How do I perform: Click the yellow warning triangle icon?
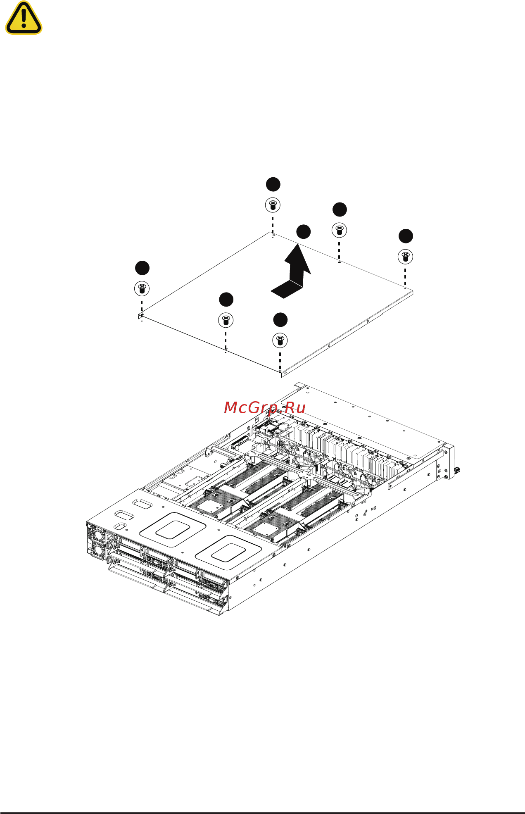tap(24, 19)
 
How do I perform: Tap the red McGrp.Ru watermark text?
tap(264, 408)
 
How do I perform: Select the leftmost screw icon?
tap(142, 288)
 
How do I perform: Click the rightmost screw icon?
tap(405, 256)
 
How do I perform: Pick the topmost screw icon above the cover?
tap(272, 205)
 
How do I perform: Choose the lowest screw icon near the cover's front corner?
tap(280, 340)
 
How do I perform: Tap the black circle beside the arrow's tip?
tap(303, 232)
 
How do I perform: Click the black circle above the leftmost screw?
tap(142, 268)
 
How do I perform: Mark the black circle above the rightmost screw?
tap(406, 236)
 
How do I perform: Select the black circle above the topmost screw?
tap(273, 184)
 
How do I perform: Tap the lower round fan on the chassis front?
tap(97, 550)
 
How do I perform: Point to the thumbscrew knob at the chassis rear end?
tap(457, 470)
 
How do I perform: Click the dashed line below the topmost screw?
tap(272, 225)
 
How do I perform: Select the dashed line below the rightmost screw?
tap(405, 276)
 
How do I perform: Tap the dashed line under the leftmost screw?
tap(142, 308)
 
